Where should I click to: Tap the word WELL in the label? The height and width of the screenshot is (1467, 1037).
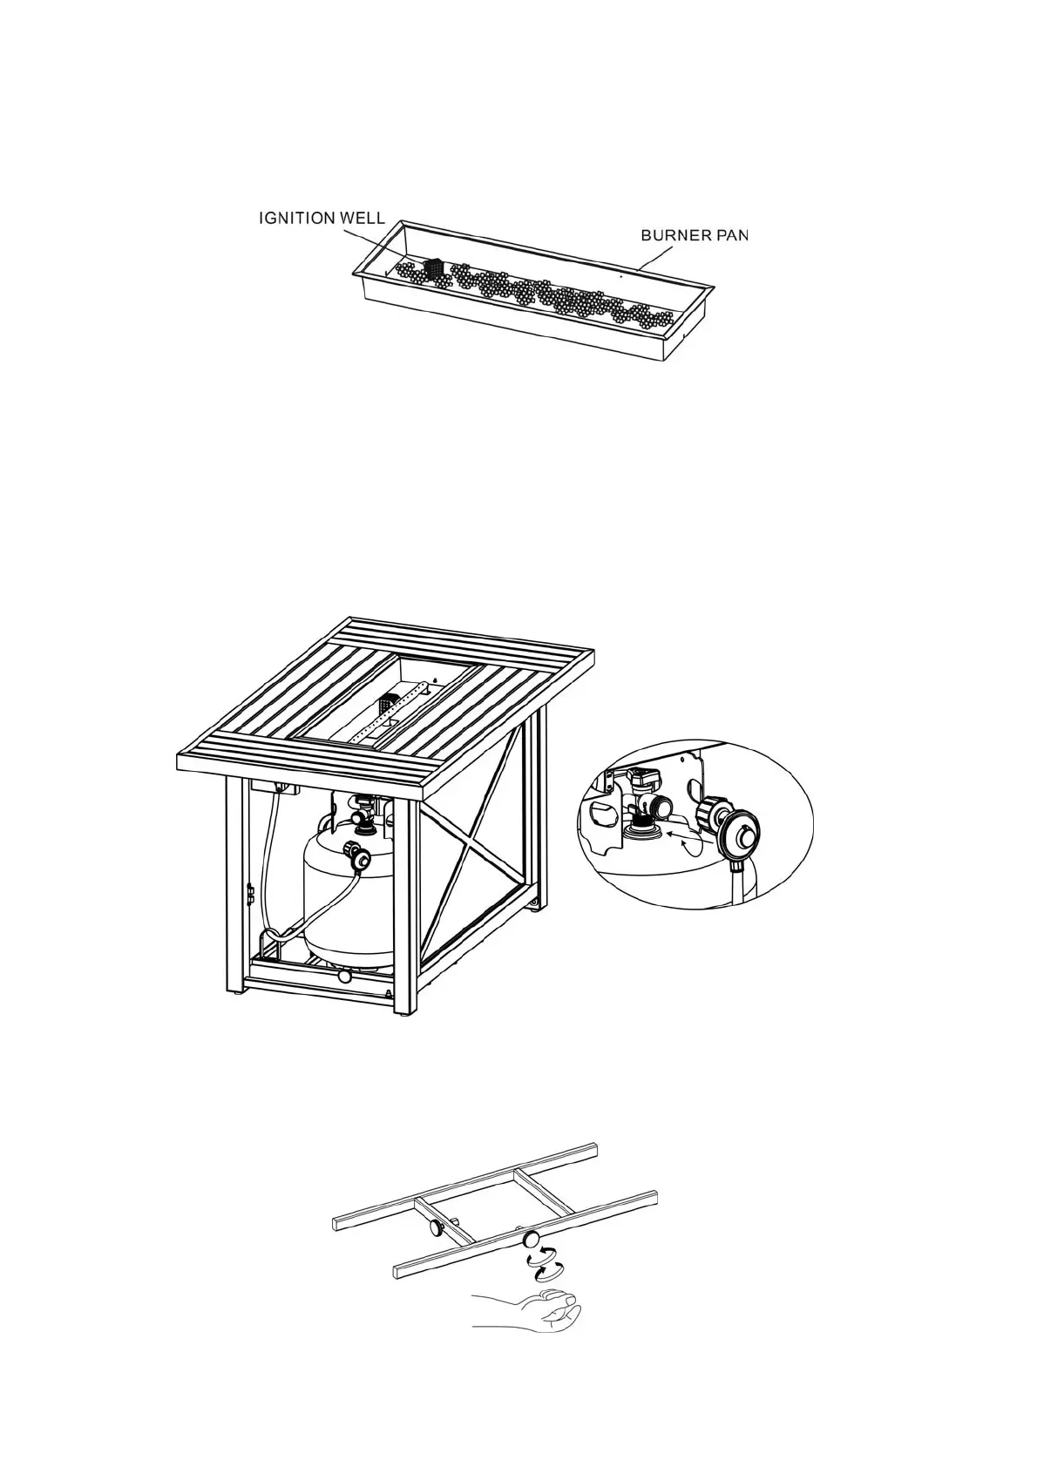coord(361,219)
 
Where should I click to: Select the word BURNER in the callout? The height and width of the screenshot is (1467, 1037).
coord(675,235)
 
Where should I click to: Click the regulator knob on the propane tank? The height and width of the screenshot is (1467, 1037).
coord(358,858)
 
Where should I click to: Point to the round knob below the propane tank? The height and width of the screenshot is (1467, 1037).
coord(345,977)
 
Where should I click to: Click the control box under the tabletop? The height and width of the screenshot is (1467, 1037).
coord(274,788)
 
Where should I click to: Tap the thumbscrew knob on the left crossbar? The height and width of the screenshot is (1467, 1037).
coord(434,1227)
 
